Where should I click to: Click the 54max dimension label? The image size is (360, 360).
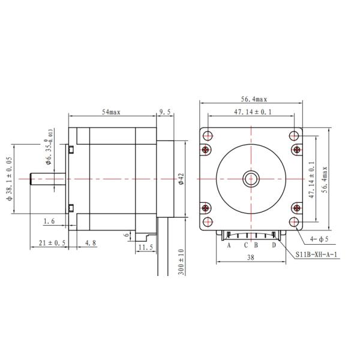click(111, 112)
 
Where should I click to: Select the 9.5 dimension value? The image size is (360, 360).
click(165, 112)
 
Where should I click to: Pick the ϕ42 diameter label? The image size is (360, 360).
click(181, 179)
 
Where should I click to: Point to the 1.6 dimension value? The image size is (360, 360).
click(50, 221)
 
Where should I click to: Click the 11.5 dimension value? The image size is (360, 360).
click(145, 247)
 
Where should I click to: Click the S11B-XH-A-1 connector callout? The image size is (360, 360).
click(317, 254)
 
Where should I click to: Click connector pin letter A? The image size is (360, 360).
click(229, 245)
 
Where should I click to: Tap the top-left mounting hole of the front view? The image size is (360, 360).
click(207, 135)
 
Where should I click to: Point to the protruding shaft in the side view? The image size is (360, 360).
click(48, 179)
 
